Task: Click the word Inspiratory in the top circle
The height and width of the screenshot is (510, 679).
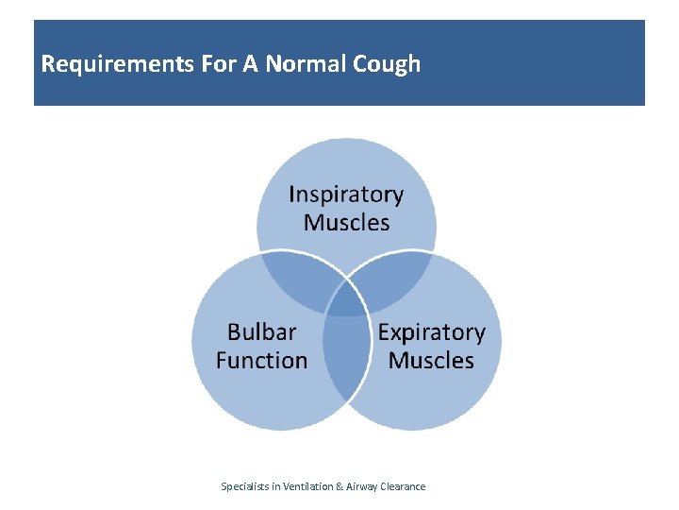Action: click(346, 195)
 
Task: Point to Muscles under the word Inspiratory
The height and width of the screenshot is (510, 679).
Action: click(346, 223)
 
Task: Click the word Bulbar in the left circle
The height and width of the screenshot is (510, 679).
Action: click(261, 332)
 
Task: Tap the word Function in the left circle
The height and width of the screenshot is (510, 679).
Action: click(261, 360)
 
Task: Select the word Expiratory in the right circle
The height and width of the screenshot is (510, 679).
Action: click(431, 332)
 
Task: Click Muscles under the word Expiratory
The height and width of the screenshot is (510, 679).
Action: click(431, 360)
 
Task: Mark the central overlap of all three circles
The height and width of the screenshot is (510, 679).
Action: click(346, 300)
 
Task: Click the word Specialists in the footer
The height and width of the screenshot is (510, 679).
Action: click(248, 486)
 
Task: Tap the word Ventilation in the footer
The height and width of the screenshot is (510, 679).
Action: click(307, 486)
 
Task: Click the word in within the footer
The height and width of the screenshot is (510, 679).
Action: click(277, 486)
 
